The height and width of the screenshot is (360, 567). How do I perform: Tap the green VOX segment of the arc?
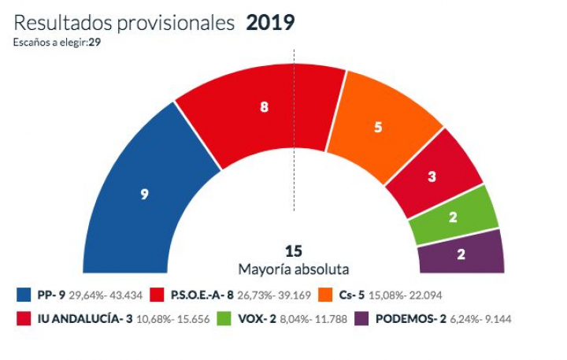point(454,214)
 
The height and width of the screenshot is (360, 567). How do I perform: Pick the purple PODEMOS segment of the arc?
point(461,253)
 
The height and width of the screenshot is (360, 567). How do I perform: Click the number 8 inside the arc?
point(264,108)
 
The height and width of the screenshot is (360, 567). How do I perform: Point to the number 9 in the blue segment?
point(144,194)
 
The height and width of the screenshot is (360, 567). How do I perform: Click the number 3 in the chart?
point(432,177)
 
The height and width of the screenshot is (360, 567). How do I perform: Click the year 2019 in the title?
point(270,23)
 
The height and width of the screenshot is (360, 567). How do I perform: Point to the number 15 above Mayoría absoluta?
point(294,251)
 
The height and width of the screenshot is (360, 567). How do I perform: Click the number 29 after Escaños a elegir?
point(94,42)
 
